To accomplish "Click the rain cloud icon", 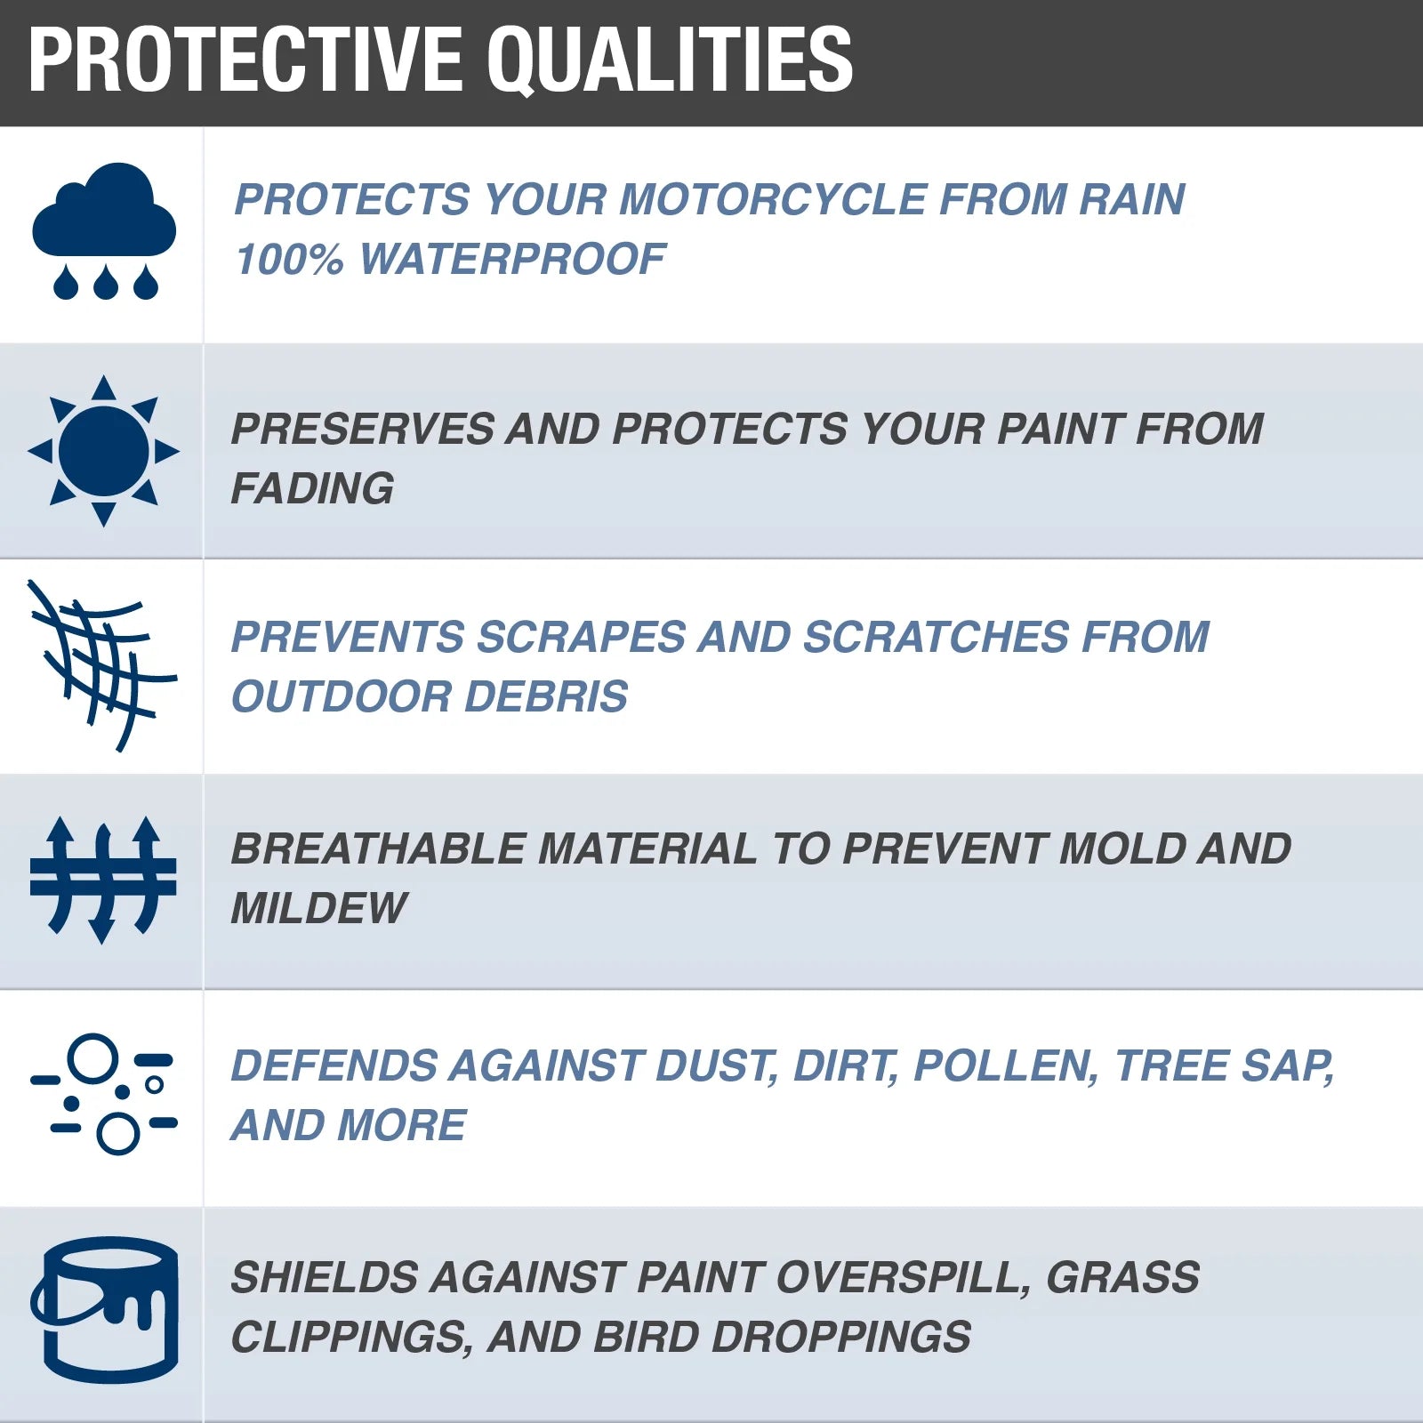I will coord(104,229).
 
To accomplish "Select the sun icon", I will coord(104,451).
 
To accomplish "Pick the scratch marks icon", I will coord(102,665).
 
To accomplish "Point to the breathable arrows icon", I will coord(103,879).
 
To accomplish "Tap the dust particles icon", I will coord(104,1094).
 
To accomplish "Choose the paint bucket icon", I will coord(105,1309).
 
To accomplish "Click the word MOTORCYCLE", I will coord(772,199).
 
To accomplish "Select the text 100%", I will coord(289,260).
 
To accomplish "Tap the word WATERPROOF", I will coord(512,260).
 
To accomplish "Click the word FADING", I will coord(312,488).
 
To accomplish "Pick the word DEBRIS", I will coord(546,696).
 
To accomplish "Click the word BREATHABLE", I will coord(377,848).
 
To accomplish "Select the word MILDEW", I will coord(318,908).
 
